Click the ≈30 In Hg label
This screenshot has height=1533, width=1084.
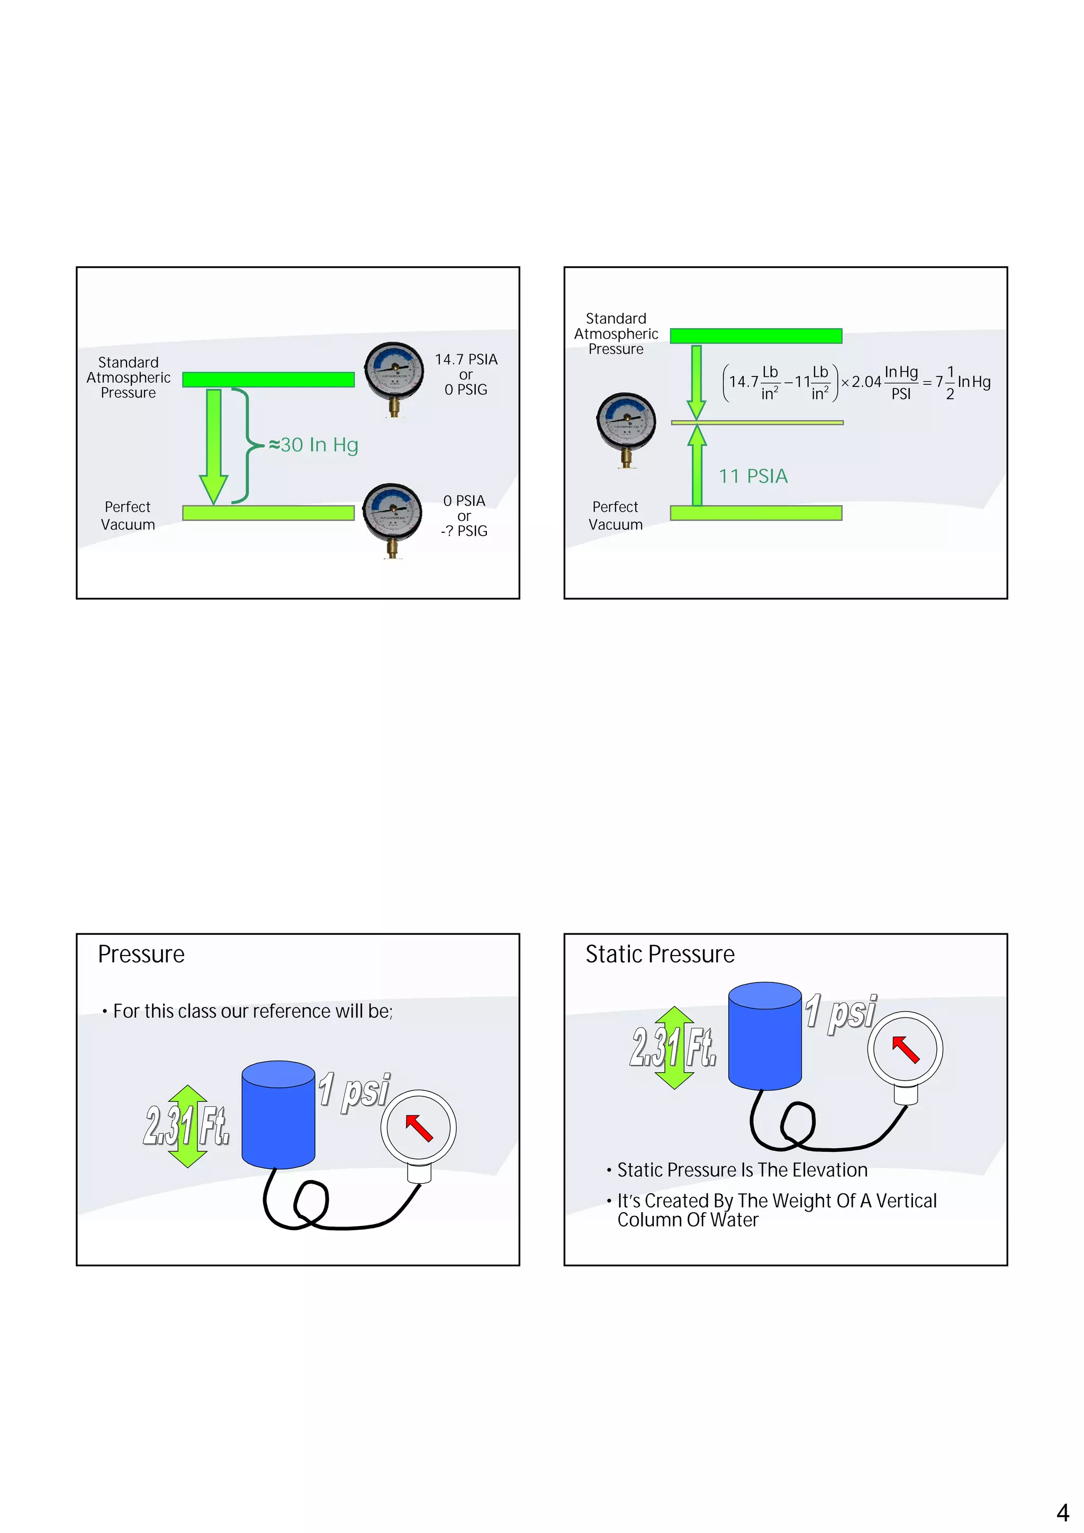pos(313,445)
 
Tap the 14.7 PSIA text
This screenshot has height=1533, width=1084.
pos(466,359)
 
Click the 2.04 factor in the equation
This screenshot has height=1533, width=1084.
pos(866,383)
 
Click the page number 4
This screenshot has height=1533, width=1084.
pos(1062,1512)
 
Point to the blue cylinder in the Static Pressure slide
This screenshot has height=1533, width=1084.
pos(764,1035)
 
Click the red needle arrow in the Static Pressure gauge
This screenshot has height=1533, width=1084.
pos(906,1049)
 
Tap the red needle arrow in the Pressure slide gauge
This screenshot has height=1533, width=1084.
pos(419,1128)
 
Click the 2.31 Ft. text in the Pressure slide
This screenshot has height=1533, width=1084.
pos(187,1126)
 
